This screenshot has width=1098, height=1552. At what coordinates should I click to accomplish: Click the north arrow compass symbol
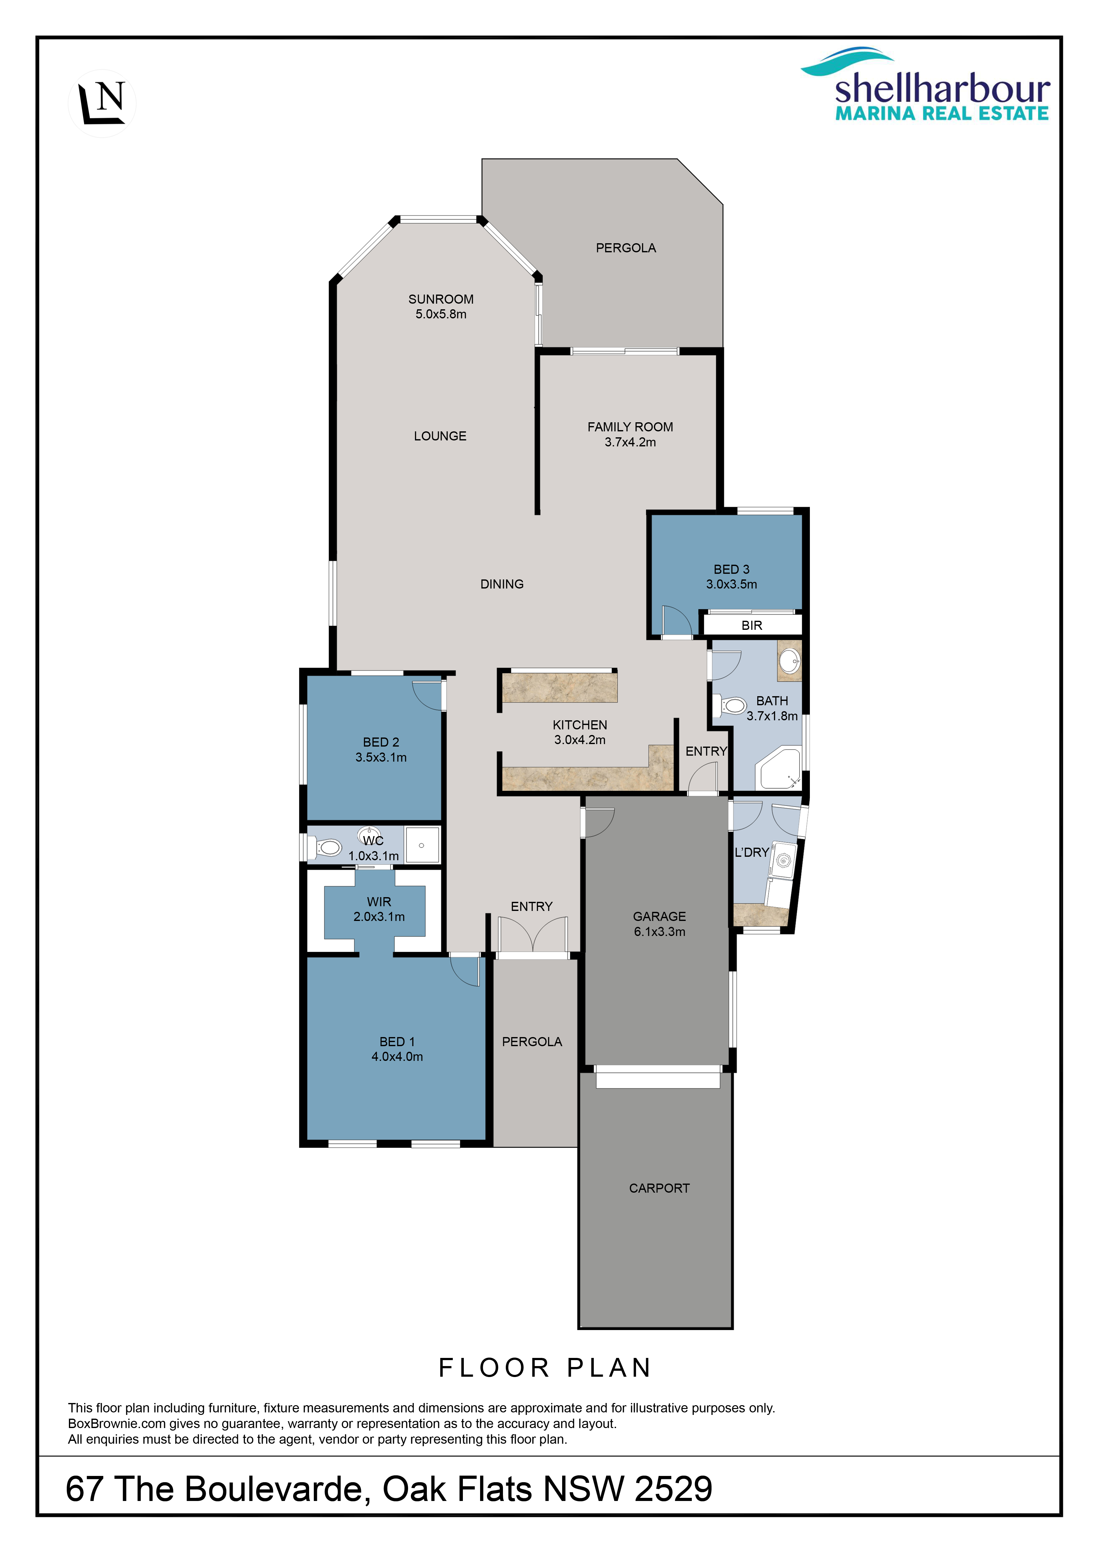click(102, 103)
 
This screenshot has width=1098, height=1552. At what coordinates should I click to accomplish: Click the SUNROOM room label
click(441, 299)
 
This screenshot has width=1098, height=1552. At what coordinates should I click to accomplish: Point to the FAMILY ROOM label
click(630, 427)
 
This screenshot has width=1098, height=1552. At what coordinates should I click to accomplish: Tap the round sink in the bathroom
click(789, 660)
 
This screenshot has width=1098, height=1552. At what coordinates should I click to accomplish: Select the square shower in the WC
click(422, 845)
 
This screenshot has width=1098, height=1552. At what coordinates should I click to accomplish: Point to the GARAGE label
click(659, 917)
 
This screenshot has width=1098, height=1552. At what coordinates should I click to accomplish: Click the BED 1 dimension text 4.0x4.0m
click(397, 1056)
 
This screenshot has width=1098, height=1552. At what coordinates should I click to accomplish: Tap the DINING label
click(502, 584)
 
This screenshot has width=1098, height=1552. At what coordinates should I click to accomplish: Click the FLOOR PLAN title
click(545, 1367)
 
